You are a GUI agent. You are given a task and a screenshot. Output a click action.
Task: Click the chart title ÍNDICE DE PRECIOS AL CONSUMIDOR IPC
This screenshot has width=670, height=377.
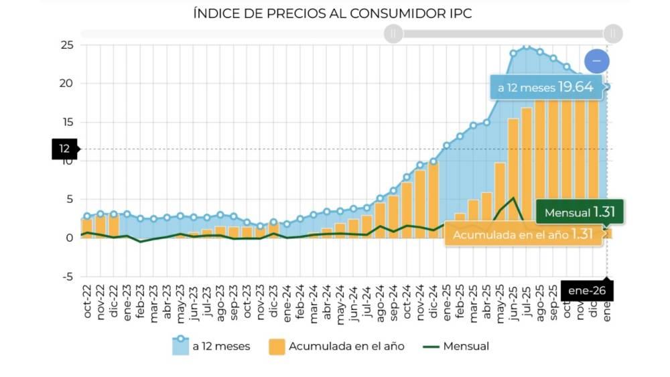tap(332, 13)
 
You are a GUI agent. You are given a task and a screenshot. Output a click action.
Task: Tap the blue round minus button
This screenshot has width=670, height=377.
tap(596, 62)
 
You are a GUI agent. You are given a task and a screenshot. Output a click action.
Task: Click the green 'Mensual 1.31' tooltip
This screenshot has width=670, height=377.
tap(580, 212)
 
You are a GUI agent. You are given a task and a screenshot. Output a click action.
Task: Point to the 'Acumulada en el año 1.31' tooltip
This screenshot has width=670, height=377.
tap(523, 235)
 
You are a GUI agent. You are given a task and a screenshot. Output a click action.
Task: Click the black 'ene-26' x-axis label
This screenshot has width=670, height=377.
tap(586, 291)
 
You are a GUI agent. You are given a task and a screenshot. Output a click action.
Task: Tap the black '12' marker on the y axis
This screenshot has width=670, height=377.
tap(65, 149)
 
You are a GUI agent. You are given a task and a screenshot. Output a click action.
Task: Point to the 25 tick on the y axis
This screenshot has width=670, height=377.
tap(67, 45)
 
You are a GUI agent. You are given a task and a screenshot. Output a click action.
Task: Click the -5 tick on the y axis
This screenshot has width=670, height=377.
tap(67, 277)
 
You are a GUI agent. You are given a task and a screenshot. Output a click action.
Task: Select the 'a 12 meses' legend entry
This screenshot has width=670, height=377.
tap(211, 346)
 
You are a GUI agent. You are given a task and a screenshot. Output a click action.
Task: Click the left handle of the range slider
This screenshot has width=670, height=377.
tap(393, 33)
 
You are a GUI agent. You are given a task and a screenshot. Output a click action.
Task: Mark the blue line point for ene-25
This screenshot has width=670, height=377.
tap(447, 145)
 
